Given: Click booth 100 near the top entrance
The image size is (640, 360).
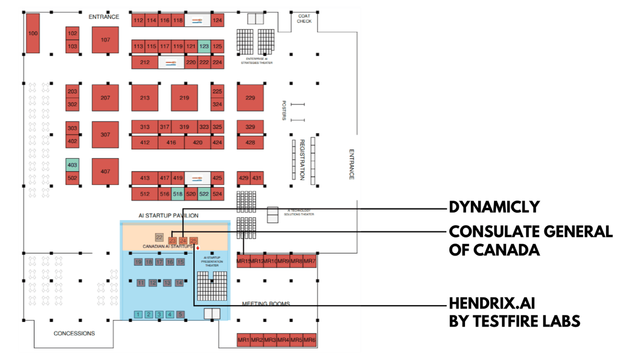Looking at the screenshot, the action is (x=33, y=33).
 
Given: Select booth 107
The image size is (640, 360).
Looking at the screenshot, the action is (x=105, y=40).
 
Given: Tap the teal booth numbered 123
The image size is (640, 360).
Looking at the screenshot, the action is (x=204, y=46).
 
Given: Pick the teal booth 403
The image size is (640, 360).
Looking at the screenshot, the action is (x=72, y=165).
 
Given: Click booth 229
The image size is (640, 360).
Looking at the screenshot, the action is (x=250, y=98).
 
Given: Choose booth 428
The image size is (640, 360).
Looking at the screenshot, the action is (x=250, y=142).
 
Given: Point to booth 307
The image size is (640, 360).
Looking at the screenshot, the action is (x=105, y=134).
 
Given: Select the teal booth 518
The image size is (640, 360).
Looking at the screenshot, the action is (x=177, y=194).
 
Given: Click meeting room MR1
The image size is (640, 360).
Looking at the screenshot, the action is (x=244, y=340).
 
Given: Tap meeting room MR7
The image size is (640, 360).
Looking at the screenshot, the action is (x=310, y=261).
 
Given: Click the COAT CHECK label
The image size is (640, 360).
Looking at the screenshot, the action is (x=304, y=18).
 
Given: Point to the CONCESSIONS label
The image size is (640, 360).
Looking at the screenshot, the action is (x=74, y=333).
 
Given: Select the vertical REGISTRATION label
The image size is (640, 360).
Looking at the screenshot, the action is (x=302, y=160).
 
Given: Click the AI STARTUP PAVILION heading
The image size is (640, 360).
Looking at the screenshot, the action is (x=169, y=215).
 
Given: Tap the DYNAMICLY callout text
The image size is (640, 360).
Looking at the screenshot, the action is (x=494, y=207).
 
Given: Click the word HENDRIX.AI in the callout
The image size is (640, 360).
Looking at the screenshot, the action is (x=492, y=303).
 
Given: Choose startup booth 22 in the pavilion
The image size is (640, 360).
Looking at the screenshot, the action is (x=159, y=237).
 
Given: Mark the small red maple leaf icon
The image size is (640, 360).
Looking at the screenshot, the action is (x=198, y=248).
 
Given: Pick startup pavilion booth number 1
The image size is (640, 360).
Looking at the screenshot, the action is (x=138, y=314).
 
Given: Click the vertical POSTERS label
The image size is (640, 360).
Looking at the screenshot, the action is (x=284, y=110).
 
